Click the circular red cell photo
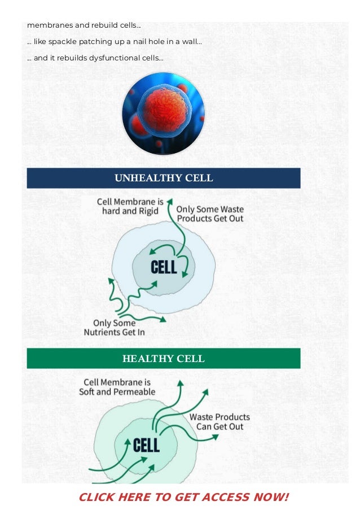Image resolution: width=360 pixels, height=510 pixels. pyautogui.click(x=163, y=114)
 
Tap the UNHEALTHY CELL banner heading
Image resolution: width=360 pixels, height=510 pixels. pyautogui.click(x=164, y=178)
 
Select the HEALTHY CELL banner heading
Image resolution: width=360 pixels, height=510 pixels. pyautogui.click(x=164, y=359)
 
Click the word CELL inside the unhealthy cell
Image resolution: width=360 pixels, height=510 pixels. pyautogui.click(x=164, y=267)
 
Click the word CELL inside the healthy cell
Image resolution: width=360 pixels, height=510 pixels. pyautogui.click(x=146, y=445)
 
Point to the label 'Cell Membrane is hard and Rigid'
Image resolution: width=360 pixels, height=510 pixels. pyautogui.click(x=130, y=206)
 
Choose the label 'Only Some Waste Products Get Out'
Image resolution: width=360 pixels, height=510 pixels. pyautogui.click(x=210, y=213)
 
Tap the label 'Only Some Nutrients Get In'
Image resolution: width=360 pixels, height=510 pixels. pyautogui.click(x=115, y=328)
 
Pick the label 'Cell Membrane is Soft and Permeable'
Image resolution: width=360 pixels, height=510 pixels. pyautogui.click(x=117, y=387)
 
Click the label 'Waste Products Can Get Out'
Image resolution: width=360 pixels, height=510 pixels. pyautogui.click(x=219, y=422)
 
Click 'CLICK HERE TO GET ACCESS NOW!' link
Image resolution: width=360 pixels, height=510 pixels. pyautogui.click(x=183, y=497)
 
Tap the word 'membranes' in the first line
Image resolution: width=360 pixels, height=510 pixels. pyautogui.click(x=46, y=25)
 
